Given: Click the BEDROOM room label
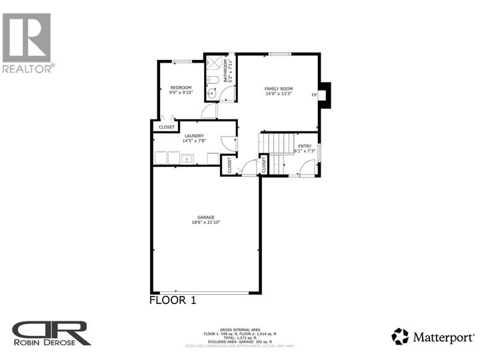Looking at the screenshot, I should (x=181, y=88).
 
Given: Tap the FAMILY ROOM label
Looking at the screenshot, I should (x=278, y=89).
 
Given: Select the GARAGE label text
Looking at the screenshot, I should (x=205, y=217).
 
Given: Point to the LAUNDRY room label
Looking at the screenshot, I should (x=194, y=136).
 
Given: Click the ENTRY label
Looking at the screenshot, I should (x=305, y=146).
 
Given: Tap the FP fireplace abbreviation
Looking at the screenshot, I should (x=314, y=95).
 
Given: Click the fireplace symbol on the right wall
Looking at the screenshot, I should (x=324, y=95).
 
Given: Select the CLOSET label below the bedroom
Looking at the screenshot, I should (x=167, y=127).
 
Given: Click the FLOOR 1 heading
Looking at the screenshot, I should (x=172, y=301).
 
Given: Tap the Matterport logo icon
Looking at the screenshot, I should (x=399, y=336).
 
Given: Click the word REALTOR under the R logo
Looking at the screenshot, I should (x=27, y=68).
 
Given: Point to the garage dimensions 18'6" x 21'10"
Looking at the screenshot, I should (x=205, y=223).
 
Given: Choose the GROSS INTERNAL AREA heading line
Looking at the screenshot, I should (x=241, y=328).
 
